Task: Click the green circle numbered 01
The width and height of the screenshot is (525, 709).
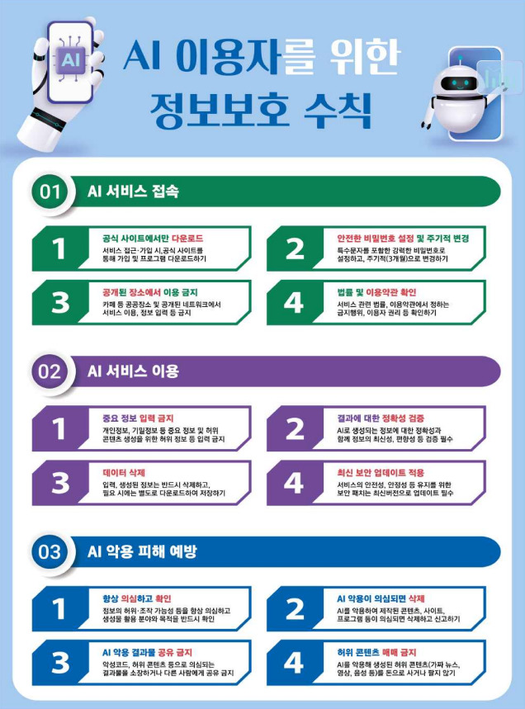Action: pyautogui.click(x=50, y=191)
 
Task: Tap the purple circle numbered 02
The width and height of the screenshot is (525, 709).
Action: pyautogui.click(x=50, y=371)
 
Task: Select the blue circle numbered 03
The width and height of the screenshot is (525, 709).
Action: pyautogui.click(x=50, y=551)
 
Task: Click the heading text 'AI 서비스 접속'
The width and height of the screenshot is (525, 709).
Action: pyautogui.click(x=133, y=191)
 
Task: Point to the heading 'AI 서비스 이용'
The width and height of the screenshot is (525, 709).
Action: pyautogui.click(x=133, y=371)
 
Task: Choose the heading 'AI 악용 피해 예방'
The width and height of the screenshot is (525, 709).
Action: pyautogui.click(x=141, y=551)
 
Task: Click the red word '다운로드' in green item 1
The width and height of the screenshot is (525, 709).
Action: pyautogui.click(x=187, y=239)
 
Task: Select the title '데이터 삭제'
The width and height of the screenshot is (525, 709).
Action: pyautogui.click(x=124, y=472)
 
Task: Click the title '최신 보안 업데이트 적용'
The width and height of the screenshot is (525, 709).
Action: pyautogui.click(x=381, y=472)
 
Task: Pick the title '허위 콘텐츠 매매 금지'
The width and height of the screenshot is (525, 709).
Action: pyautogui.click(x=376, y=653)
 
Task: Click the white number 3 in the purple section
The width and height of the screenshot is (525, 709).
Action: pyautogui.click(x=60, y=483)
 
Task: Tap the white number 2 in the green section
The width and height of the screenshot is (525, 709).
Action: pyautogui.click(x=295, y=248)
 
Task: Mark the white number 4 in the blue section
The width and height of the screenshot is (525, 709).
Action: pyautogui.click(x=294, y=663)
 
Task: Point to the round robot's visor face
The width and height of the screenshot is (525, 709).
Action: pyautogui.click(x=459, y=83)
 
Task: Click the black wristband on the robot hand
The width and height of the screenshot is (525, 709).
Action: pyautogui.click(x=46, y=117)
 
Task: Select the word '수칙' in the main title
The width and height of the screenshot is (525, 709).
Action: pyautogui.click(x=338, y=110)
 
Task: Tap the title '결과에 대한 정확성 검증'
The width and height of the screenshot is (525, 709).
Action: pyautogui.click(x=381, y=418)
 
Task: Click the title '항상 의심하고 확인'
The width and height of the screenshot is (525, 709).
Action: pyautogui.click(x=136, y=598)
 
